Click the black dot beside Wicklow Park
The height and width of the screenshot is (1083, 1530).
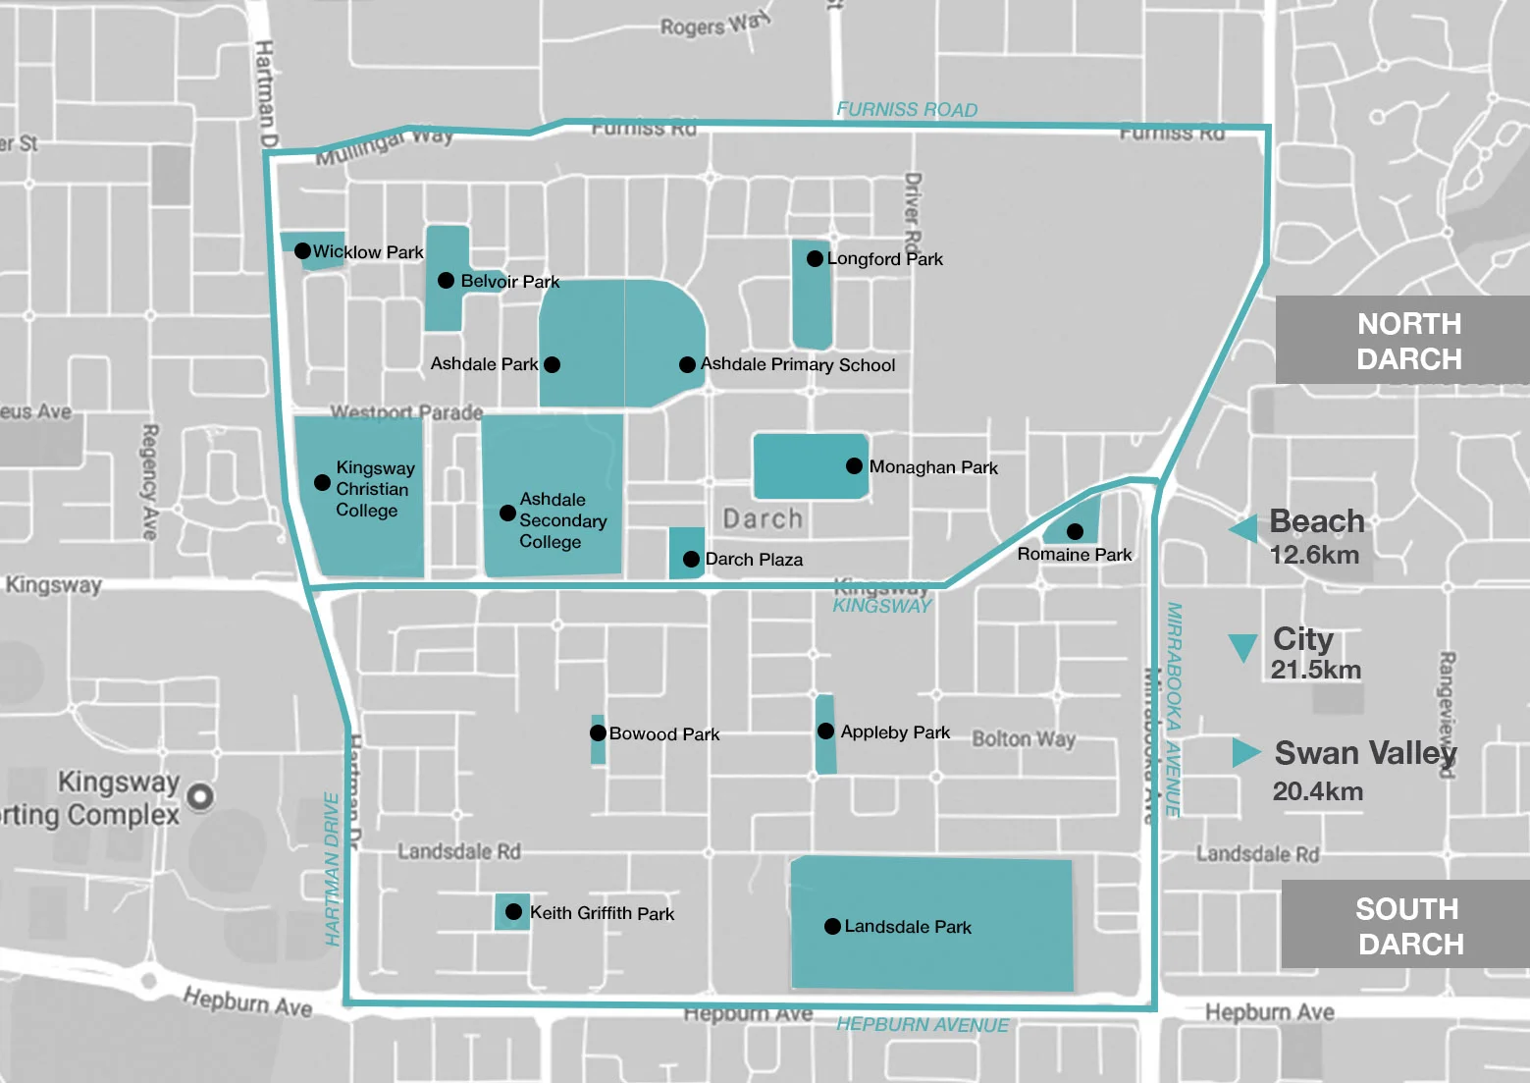click(303, 251)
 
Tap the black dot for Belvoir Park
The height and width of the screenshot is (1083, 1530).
click(446, 281)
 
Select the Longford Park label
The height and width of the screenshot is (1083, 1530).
click(884, 259)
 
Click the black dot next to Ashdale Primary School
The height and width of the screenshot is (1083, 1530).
click(688, 364)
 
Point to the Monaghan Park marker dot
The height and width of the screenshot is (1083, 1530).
click(855, 466)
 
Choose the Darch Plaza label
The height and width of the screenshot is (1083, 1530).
click(754, 560)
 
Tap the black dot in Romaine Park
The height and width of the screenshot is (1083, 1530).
click(1075, 531)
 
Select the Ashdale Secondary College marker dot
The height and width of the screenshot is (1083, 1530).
click(507, 513)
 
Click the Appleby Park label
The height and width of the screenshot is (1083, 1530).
click(895, 732)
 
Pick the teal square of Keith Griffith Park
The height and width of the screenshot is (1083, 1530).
click(512, 912)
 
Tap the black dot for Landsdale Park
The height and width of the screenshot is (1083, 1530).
click(832, 926)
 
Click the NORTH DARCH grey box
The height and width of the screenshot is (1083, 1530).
click(1401, 341)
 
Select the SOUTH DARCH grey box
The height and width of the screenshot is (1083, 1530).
click(1405, 925)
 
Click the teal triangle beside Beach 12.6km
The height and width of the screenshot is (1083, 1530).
click(1244, 529)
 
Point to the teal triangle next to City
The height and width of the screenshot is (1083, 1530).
click(1242, 647)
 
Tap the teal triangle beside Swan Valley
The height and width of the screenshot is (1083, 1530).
click(1245, 752)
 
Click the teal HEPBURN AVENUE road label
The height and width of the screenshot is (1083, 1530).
click(923, 1025)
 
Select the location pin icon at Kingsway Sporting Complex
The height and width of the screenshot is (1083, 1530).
click(200, 796)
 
